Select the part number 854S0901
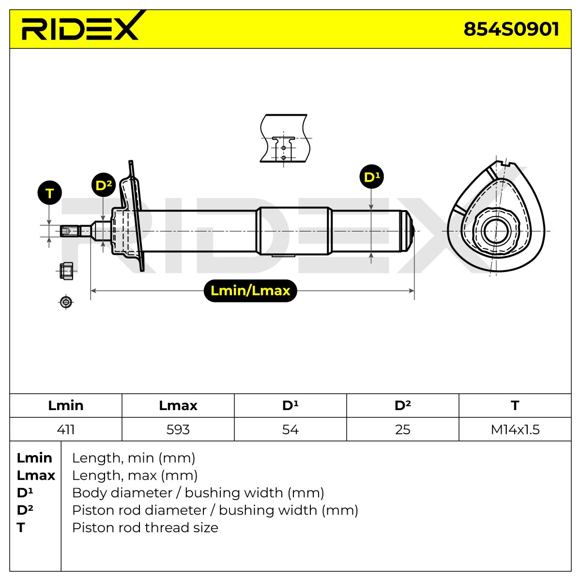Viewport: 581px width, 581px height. [511, 29]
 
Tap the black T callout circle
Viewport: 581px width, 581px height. [50, 193]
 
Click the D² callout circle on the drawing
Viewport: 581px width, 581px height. [104, 185]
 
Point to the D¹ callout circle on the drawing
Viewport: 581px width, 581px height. [371, 176]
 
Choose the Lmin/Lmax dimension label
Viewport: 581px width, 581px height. [250, 290]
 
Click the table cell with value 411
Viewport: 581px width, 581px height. [66, 429]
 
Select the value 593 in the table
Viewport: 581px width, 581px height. [178, 429]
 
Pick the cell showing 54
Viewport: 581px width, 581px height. [290, 429]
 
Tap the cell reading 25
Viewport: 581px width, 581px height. [402, 429]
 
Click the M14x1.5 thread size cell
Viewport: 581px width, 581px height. [515, 429]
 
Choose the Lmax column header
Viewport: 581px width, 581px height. [178, 406]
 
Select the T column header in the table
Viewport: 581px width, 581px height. [515, 406]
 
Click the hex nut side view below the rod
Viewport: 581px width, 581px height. [66, 271]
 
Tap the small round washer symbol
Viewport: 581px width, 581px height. [66, 302]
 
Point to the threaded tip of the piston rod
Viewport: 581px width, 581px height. [69, 231]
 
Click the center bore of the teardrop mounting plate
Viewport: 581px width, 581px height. [496, 231]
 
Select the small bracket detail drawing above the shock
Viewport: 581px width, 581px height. [285, 138]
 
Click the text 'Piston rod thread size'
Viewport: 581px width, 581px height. [145, 528]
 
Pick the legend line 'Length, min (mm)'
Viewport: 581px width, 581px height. [134, 458]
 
